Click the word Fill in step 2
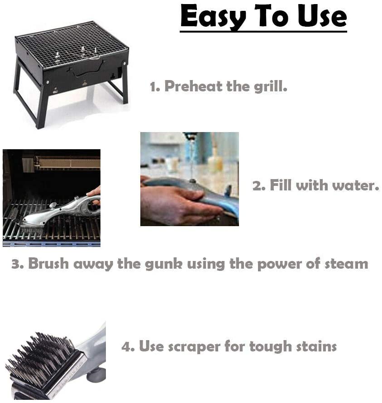pos(280,185)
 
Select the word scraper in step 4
pos(192,347)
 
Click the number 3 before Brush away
pos(16,264)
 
